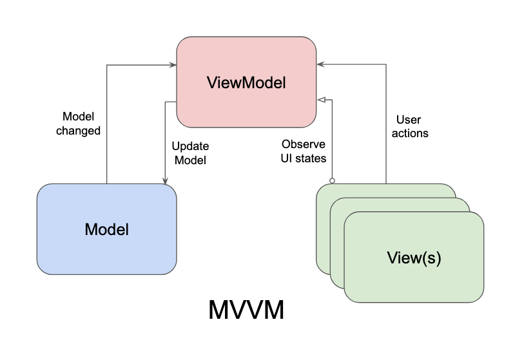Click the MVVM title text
[x=246, y=310]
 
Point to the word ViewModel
[x=246, y=82]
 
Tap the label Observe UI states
[x=303, y=151]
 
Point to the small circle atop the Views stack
[x=333, y=180]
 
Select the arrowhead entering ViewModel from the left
[x=173, y=64]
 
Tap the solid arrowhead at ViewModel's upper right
[x=320, y=64]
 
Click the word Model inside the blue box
[x=106, y=229]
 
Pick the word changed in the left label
[x=78, y=131]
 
